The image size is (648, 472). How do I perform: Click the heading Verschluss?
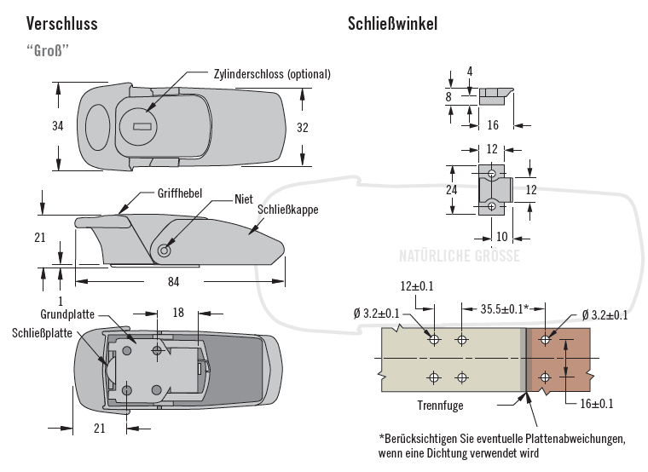click(62, 23)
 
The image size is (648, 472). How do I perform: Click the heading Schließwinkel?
click(392, 23)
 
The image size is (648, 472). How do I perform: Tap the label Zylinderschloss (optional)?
click(272, 74)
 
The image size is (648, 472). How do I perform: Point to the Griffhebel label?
click(179, 193)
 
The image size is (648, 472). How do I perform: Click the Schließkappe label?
click(287, 208)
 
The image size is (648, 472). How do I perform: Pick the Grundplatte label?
click(67, 314)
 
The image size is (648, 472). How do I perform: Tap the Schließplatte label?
click(42, 332)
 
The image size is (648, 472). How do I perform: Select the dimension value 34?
click(58, 126)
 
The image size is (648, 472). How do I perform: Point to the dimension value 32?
click(302, 128)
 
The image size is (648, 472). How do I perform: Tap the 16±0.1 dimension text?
click(596, 403)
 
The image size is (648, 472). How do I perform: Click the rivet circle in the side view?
click(164, 250)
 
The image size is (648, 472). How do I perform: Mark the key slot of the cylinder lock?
click(143, 127)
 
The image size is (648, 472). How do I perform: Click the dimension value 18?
click(179, 313)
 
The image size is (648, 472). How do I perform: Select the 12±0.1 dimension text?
click(416, 286)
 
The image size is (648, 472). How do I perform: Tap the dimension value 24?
click(453, 190)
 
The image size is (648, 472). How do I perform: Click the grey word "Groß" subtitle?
click(48, 49)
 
